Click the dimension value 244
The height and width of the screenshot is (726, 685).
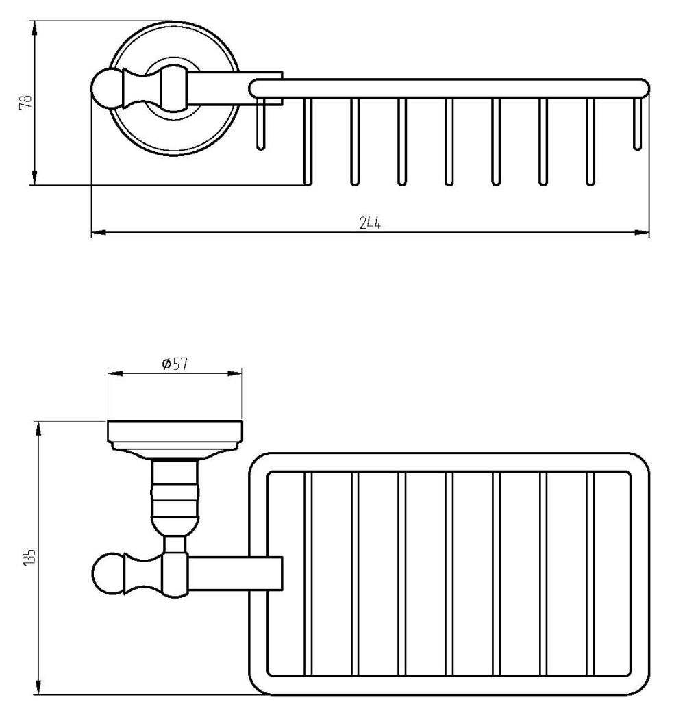370,223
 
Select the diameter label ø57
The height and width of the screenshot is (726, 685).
175,364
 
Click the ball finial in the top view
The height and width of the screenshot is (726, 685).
107,88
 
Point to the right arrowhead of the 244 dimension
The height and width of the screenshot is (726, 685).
641,232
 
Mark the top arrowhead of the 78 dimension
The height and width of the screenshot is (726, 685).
34,29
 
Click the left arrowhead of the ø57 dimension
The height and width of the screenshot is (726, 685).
115,373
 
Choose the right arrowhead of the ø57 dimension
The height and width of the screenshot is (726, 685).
235,373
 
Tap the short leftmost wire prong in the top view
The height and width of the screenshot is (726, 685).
261,123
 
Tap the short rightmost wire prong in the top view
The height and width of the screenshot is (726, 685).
638,123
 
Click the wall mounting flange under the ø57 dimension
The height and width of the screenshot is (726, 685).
175,438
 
